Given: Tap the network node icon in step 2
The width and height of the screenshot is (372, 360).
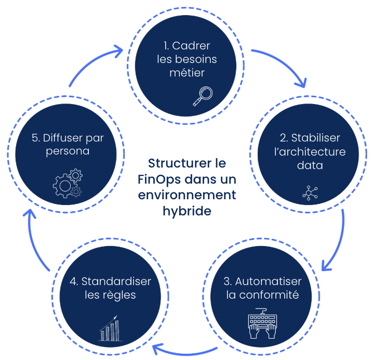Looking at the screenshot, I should click(x=310, y=192).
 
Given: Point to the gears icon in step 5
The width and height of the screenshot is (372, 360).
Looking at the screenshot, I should click(x=68, y=183).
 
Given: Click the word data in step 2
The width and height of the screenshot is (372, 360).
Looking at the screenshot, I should click(x=310, y=165).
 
